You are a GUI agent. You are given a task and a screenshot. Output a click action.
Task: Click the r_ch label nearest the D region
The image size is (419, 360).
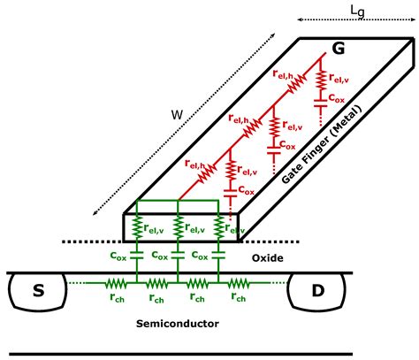pos(237,298)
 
